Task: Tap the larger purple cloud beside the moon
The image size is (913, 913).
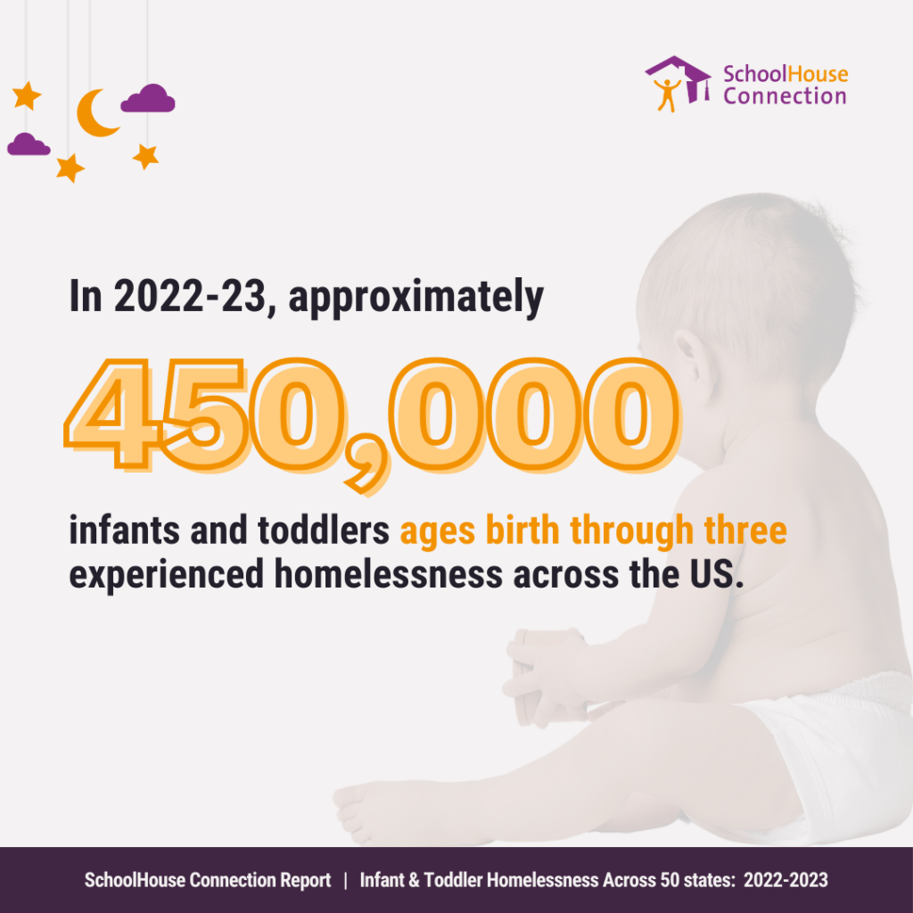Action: pos(148,99)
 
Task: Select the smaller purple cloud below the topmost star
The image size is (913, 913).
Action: pos(29,145)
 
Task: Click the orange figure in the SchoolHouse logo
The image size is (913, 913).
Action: pos(667,95)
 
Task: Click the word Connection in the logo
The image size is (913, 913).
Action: pos(785,96)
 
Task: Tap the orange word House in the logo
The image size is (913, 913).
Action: pos(817,74)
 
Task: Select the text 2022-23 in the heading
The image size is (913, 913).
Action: pos(189,296)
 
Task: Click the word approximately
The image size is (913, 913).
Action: pos(415,299)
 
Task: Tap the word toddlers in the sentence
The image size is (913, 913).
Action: pos(323,530)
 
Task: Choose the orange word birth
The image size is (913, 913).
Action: pos(522,530)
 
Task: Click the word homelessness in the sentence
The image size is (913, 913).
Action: pos(389,574)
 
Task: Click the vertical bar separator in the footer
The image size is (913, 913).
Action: pos(345,880)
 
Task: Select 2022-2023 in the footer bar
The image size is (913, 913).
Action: pos(786,880)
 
